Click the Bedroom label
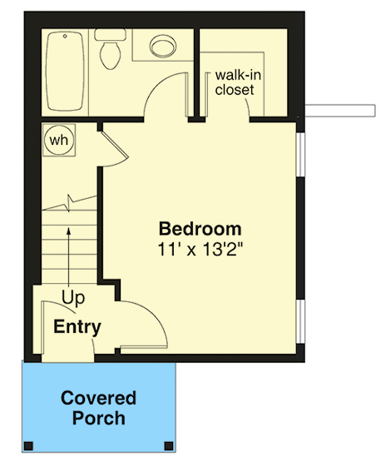(200, 228)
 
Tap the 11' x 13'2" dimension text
(200, 248)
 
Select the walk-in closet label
(234, 82)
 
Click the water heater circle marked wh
(58, 140)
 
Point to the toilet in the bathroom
(110, 52)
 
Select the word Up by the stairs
(73, 296)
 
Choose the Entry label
(77, 327)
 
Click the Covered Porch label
(98, 407)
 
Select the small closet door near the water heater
(113, 147)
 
